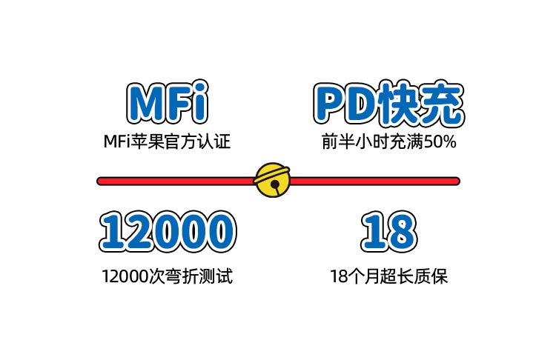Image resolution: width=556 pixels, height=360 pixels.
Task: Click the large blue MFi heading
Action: coord(167,104)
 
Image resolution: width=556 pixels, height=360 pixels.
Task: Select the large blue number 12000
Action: coord(167,230)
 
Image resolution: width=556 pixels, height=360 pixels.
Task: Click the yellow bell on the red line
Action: coord(272,180)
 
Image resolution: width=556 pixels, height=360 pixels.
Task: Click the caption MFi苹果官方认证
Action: coord(167,141)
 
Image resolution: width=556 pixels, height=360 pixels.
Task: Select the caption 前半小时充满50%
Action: coord(388,141)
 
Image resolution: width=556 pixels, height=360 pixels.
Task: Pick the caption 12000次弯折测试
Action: coord(167,277)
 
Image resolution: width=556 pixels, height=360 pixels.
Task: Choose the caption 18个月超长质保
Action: coord(388,277)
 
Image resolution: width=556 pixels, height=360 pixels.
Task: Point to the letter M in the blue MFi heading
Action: coord(144,104)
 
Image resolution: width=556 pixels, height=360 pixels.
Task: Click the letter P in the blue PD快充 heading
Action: coord(328,104)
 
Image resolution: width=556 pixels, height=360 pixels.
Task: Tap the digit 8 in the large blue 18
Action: coord(402,230)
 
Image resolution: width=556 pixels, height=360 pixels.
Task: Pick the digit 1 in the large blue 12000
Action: coord(112,230)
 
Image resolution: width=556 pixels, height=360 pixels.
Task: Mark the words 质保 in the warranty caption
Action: coord(433,277)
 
